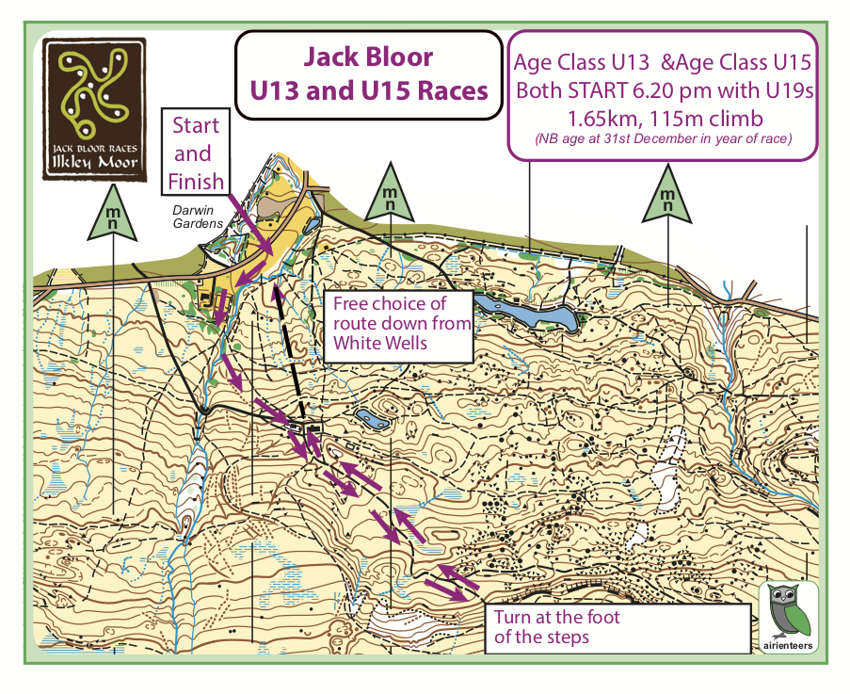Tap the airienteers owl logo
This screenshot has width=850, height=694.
point(788,617)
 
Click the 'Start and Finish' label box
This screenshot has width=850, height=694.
point(197,153)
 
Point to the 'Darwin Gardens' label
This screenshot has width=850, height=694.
point(197,218)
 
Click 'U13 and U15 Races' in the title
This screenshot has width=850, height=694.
point(368,91)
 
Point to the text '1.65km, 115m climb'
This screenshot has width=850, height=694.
point(663,119)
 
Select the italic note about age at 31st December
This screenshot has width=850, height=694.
point(663,139)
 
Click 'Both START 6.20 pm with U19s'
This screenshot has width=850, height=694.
point(663,91)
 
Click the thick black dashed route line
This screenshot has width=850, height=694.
point(291,353)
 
